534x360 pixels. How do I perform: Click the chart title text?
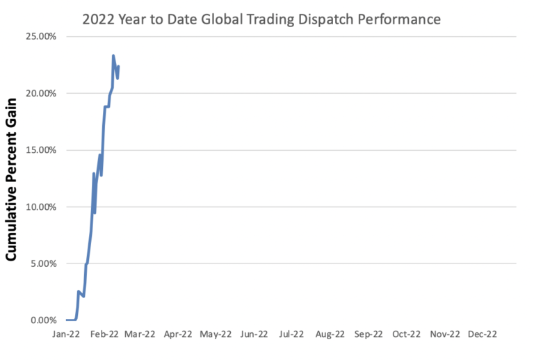click(261, 19)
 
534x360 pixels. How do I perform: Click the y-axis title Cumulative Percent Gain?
click(12, 179)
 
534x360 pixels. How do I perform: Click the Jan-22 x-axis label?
click(66, 334)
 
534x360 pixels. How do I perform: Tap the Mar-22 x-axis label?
click(141, 334)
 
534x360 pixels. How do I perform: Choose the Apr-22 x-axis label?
click(179, 334)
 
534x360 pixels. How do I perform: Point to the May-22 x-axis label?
click(216, 334)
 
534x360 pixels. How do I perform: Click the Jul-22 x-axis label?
click(291, 334)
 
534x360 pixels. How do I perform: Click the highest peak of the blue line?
click(113, 56)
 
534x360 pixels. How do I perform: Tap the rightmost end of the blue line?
click(118, 67)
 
